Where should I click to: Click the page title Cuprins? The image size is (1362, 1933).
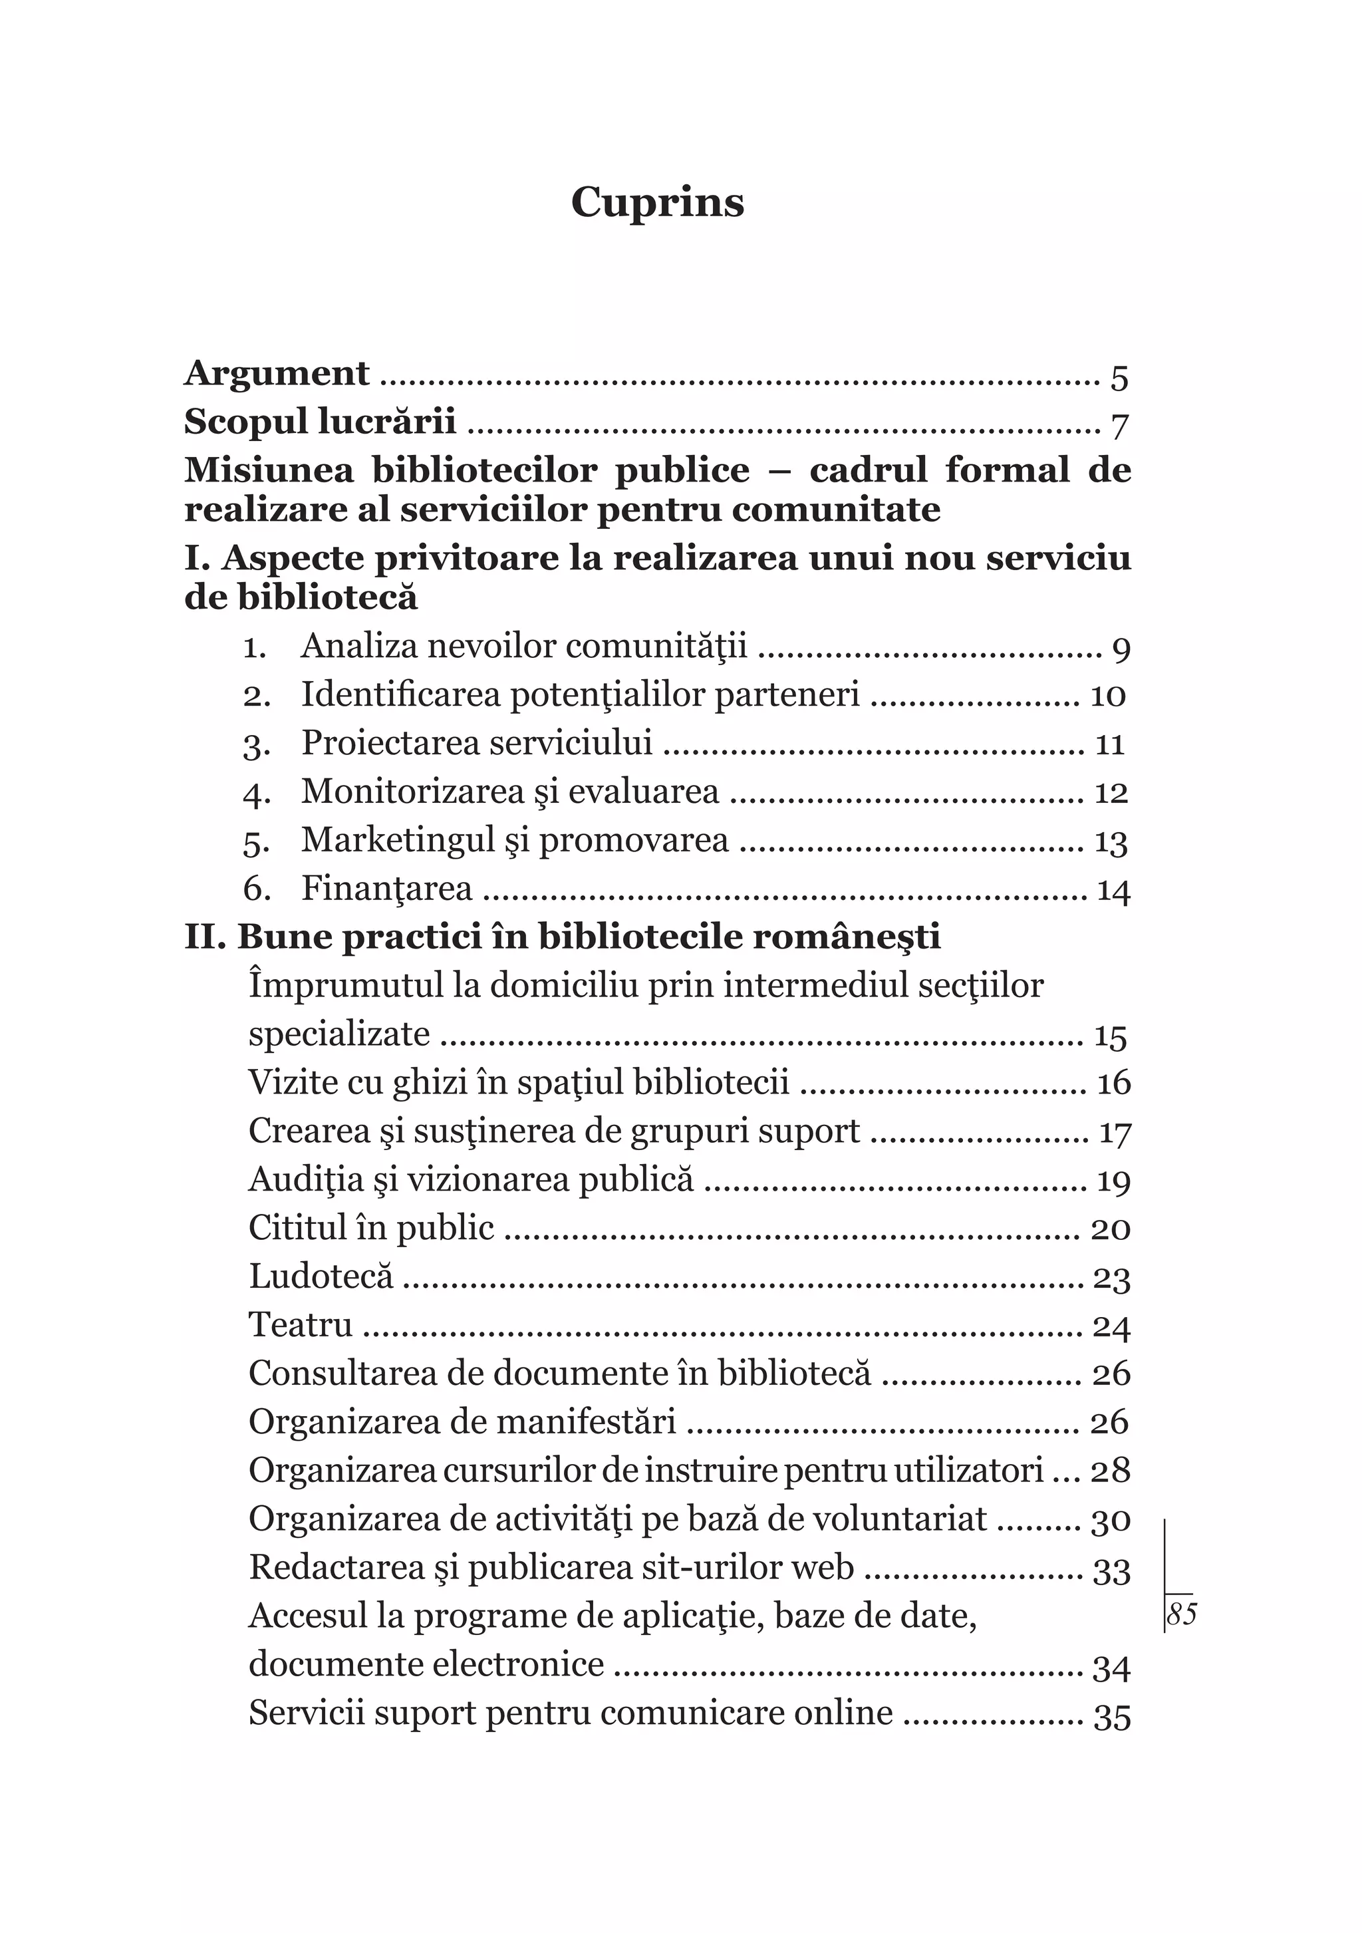658,203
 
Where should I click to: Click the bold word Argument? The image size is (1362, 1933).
277,373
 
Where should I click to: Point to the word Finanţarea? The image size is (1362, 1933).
387,889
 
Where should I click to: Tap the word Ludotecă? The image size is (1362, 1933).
321,1276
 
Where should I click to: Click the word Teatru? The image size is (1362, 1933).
301,1325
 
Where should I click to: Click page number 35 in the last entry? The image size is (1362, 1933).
1111,1715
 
